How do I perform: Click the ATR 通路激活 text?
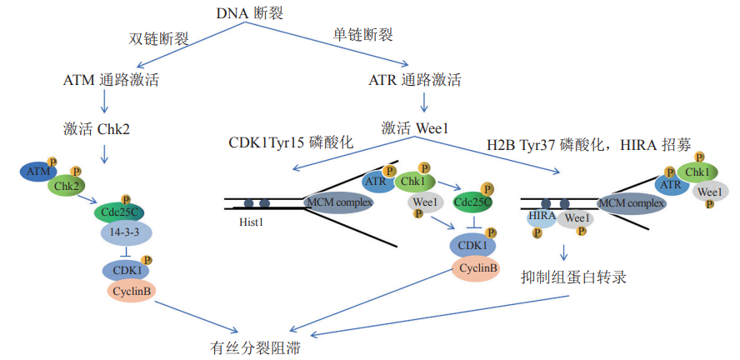pyautogui.click(x=415, y=81)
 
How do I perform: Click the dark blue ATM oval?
pyautogui.click(x=37, y=172)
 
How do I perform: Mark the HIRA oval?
pyautogui.click(x=542, y=218)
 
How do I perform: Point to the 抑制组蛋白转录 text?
pyautogui.click(x=567, y=277)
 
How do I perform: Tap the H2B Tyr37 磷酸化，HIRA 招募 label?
pyautogui.click(x=589, y=144)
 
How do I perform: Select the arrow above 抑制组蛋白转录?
pyautogui.click(x=564, y=250)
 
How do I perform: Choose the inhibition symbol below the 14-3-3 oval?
pyautogui.click(x=125, y=253)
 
